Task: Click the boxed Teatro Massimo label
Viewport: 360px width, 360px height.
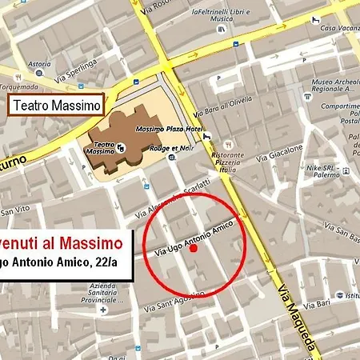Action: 57,105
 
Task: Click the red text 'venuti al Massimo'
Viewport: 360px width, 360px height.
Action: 64,242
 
